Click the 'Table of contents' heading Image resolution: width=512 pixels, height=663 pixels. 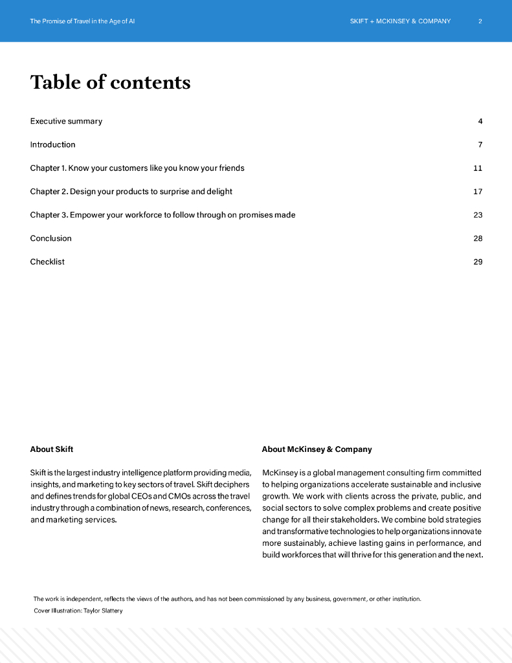point(110,82)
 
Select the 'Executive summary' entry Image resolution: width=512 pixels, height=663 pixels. point(66,121)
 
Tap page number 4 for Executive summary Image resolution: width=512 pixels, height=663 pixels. point(480,121)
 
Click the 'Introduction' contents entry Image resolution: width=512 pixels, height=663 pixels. point(52,144)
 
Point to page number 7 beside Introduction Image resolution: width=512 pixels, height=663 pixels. point(480,144)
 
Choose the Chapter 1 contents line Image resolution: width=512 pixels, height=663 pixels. point(137,168)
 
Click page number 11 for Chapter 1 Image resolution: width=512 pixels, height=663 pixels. point(478,168)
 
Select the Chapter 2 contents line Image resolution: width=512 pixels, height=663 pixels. point(131,192)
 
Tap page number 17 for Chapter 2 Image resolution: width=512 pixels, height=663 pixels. point(478,192)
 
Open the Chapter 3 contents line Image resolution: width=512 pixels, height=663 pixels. point(162,215)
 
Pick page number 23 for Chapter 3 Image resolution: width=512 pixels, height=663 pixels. point(478,215)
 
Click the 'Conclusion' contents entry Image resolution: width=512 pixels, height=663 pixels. point(50,238)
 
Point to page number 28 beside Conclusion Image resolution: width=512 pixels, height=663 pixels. point(478,238)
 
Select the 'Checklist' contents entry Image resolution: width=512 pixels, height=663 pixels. point(47,262)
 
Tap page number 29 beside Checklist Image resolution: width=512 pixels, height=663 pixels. point(478,262)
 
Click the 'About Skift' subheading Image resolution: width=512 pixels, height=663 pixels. point(52,449)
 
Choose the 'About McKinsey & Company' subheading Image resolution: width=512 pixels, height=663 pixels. point(317,449)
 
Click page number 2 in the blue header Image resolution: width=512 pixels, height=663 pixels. point(480,21)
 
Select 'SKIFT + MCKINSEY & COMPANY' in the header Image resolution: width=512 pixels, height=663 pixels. point(400,21)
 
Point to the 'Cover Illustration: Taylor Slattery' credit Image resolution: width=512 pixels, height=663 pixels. point(78,611)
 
